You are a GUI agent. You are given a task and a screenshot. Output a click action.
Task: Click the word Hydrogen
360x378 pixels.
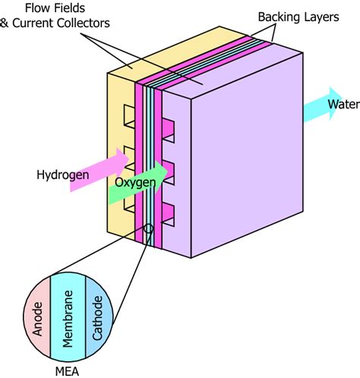click(61, 175)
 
